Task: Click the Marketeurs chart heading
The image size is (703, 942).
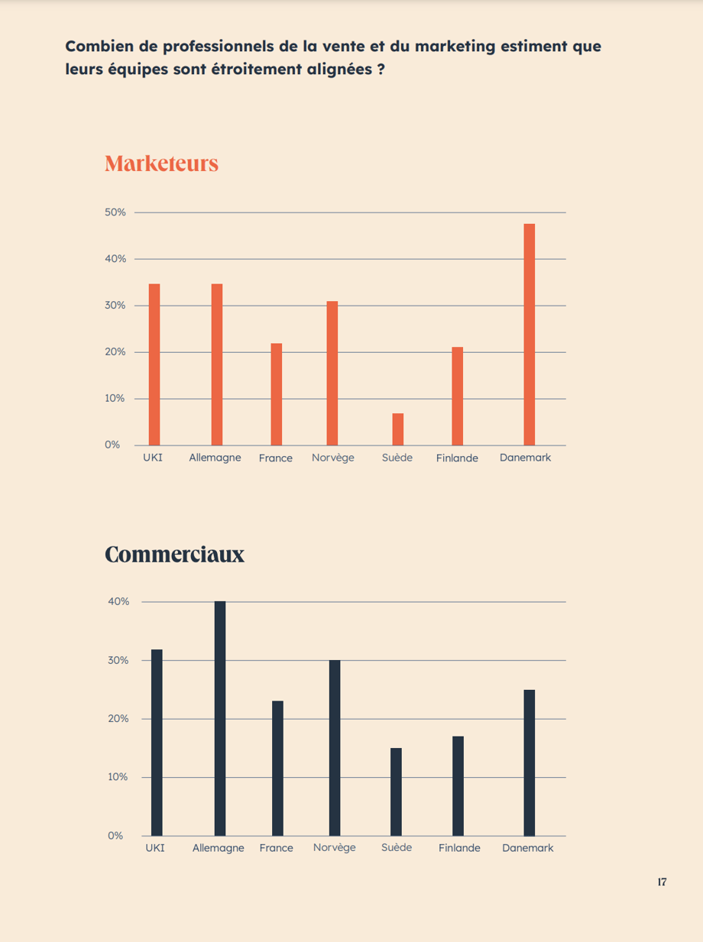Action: click(x=161, y=163)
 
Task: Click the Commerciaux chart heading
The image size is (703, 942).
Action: click(x=174, y=555)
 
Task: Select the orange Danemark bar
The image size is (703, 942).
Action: click(x=529, y=335)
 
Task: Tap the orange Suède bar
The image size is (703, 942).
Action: click(x=397, y=429)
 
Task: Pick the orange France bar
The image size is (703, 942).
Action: click(x=276, y=394)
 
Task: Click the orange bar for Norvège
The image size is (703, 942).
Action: click(x=332, y=373)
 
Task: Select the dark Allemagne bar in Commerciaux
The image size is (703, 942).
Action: click(x=219, y=718)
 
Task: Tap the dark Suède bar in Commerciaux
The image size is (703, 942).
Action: click(x=396, y=791)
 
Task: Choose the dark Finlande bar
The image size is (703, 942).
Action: click(x=458, y=785)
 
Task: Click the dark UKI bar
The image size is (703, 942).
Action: click(x=157, y=742)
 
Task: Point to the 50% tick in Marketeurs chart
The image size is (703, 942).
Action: click(x=115, y=212)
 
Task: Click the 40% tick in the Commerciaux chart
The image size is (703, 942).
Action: click(x=118, y=602)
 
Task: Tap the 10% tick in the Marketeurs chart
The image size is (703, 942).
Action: click(x=115, y=399)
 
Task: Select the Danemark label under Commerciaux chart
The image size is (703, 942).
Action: click(x=527, y=848)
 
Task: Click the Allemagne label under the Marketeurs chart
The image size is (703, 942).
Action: click(x=215, y=458)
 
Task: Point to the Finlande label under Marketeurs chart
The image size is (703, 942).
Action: click(x=457, y=458)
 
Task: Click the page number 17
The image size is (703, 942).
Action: click(x=662, y=882)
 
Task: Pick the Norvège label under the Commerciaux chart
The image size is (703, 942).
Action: click(x=334, y=848)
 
